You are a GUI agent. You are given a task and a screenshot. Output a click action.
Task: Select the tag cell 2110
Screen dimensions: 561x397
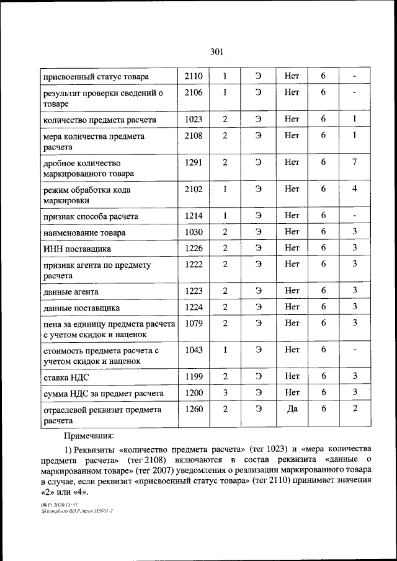click(194, 76)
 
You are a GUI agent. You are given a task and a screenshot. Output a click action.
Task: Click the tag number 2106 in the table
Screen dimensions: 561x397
click(194, 93)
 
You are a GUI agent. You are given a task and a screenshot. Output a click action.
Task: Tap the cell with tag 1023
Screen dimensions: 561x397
click(194, 118)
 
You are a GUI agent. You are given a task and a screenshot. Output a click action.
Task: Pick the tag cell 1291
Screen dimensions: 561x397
click(194, 162)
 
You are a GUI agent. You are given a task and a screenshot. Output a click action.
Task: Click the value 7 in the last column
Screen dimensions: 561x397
click(354, 162)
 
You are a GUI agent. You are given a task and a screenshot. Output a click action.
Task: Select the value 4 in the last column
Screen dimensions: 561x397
click(354, 189)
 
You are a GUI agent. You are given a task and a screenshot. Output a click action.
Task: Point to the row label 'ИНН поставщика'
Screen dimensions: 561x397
click(76, 249)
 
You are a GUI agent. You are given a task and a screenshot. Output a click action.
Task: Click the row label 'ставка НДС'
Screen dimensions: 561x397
click(65, 377)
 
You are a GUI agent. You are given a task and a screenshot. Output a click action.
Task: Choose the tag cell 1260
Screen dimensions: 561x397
click(194, 409)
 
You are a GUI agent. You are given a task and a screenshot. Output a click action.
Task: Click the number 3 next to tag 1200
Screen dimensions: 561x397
click(225, 392)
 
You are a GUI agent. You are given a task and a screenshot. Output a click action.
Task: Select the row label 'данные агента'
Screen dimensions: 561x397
click(71, 291)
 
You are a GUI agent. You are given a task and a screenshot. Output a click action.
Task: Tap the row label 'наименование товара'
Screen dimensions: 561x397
click(84, 233)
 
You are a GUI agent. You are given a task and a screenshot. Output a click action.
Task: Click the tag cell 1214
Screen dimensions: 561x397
click(194, 216)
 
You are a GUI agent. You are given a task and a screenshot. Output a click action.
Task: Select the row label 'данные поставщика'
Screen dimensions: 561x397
click(81, 308)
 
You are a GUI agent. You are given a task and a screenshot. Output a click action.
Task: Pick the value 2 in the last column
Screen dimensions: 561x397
click(354, 409)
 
